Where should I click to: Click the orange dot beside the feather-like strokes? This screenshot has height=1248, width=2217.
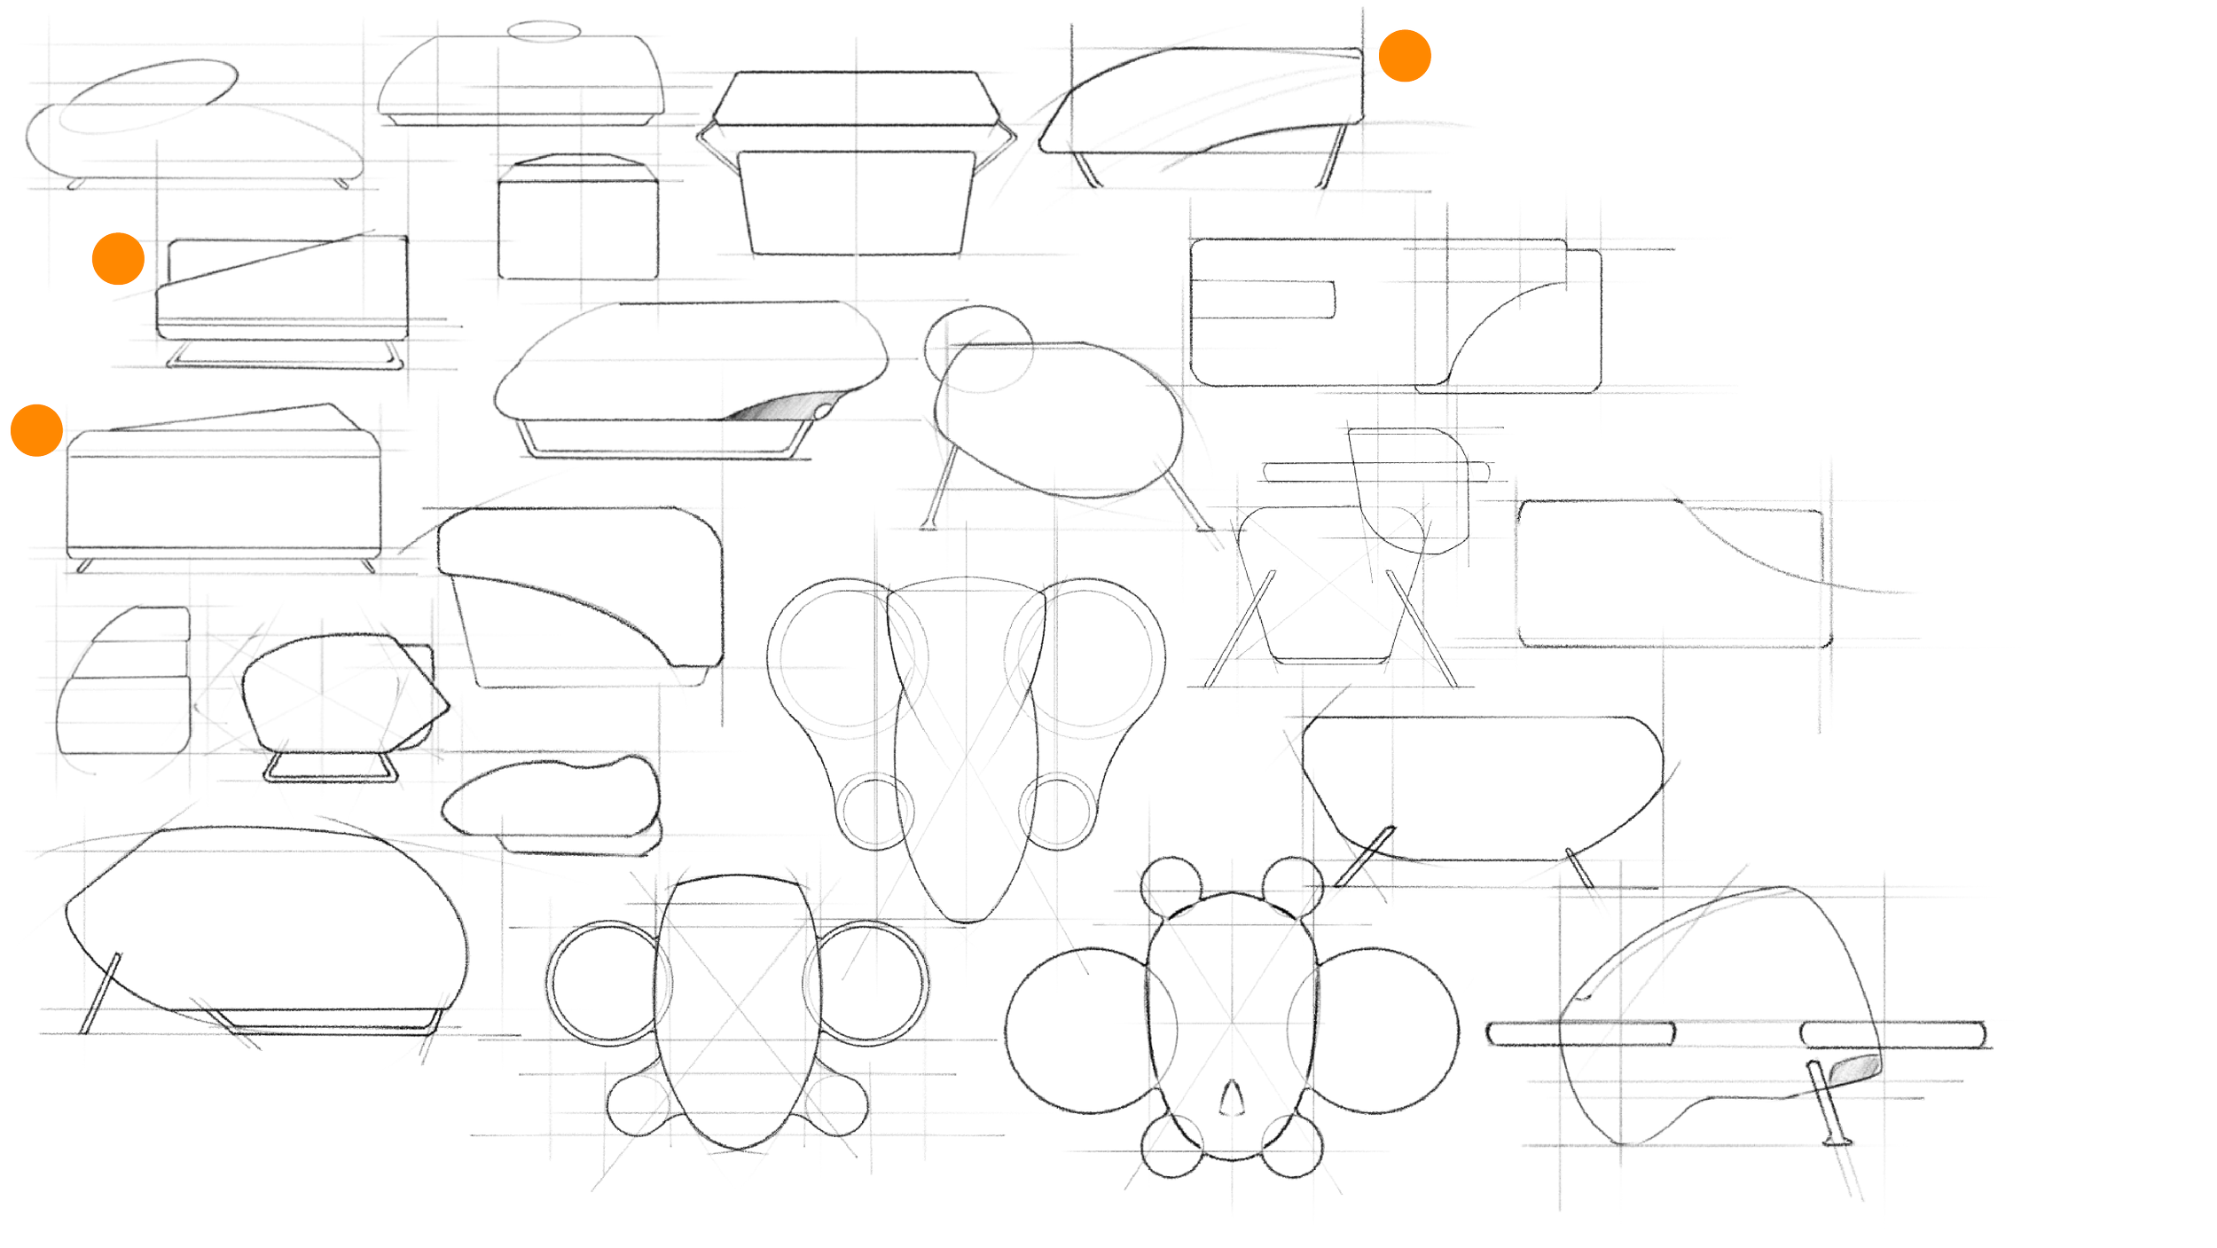pos(1405,55)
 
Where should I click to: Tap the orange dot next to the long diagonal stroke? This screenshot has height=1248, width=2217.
pos(118,259)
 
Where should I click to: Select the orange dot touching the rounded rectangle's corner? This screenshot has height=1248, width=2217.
pos(36,430)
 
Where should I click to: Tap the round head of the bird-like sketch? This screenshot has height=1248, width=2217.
pos(978,347)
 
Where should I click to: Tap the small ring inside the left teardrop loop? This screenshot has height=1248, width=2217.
pos(876,809)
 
